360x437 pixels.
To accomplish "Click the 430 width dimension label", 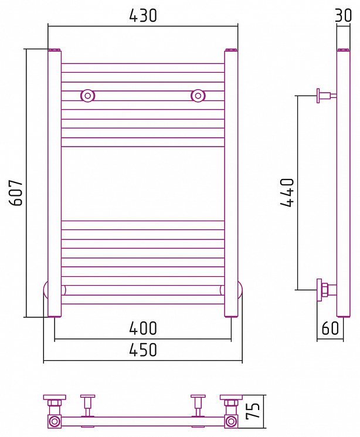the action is coord(143,16).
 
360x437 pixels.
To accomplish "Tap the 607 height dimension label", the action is coord(16,193).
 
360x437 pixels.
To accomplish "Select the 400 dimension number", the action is coord(143,328).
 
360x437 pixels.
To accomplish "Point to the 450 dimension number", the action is coord(143,350).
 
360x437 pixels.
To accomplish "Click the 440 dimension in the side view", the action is coord(287,193).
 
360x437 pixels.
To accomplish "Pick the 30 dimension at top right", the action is coord(343,15).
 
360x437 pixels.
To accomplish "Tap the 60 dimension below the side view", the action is coord(330,328).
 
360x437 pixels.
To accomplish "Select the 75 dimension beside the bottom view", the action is coord(253,411).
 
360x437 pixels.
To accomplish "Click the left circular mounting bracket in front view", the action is coord(88,96).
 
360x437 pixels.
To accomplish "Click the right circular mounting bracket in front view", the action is coord(198,96).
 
